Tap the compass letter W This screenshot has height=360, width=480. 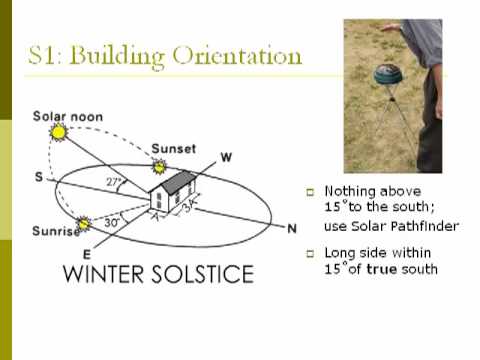tap(226, 156)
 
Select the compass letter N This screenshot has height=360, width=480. tap(292, 229)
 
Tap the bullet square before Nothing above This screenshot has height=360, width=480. tap(310, 191)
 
